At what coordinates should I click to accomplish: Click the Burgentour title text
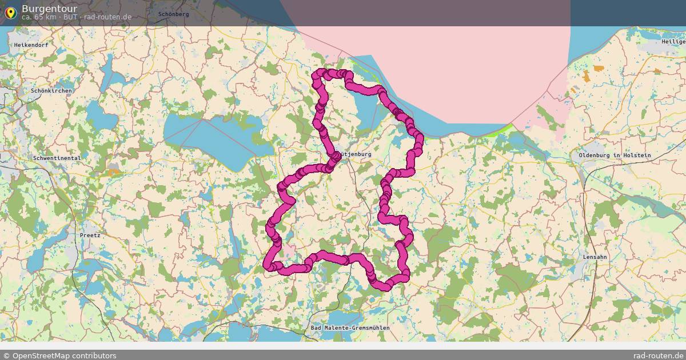pyautogui.click(x=49, y=9)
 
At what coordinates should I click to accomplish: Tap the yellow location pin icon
pyautogui.click(x=10, y=13)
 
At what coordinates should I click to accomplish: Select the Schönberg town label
pyautogui.click(x=173, y=14)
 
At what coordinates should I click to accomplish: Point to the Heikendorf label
pyautogui.click(x=31, y=45)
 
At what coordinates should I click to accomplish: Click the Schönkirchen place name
pyautogui.click(x=51, y=91)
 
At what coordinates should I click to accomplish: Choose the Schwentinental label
pyautogui.click(x=57, y=158)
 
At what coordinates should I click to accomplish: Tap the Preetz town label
pyautogui.click(x=90, y=235)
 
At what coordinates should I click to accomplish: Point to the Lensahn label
pyautogui.click(x=595, y=257)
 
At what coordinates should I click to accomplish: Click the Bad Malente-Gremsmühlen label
pyautogui.click(x=350, y=328)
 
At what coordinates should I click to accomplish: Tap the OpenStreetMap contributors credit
pyautogui.click(x=59, y=355)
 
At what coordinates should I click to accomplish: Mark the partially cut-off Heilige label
pyautogui.click(x=673, y=42)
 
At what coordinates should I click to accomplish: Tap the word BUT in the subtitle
pyautogui.click(x=71, y=17)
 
